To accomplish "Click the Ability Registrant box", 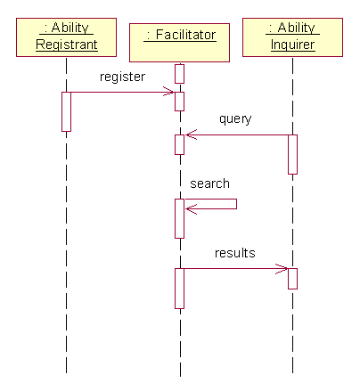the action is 66,37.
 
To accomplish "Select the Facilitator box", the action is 179,43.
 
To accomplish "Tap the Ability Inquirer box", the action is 292,37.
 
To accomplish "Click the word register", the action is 122,77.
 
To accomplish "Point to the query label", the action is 235,119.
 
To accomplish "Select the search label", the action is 209,183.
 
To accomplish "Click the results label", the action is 235,253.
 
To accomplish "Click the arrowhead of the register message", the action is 169,92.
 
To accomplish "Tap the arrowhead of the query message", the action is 192,134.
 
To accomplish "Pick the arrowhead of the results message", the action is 282,269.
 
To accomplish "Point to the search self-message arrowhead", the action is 192,209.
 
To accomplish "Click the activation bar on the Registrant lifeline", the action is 66,111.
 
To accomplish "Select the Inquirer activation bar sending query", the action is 292,154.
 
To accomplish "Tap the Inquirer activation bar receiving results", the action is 292,279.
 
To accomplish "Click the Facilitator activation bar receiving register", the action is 179,102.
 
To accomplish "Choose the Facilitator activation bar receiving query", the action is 179,144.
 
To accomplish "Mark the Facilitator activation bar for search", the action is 179,218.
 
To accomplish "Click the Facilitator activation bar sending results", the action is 179,289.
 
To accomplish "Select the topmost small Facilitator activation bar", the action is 179,74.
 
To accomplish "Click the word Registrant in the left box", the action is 67,45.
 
